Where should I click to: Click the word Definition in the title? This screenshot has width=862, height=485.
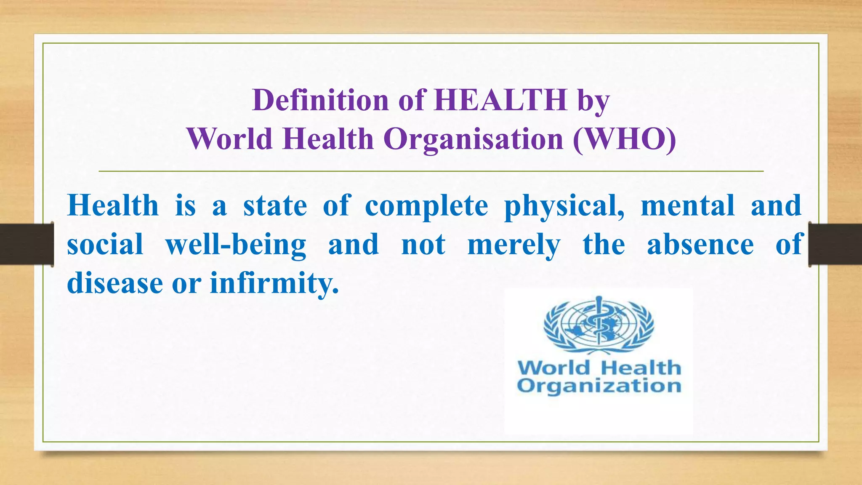point(320,100)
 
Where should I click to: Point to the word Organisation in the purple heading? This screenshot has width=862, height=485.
point(474,139)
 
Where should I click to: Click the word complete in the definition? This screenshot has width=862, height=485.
point(426,206)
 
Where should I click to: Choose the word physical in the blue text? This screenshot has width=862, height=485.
point(564,207)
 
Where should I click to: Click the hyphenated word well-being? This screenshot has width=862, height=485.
point(236,245)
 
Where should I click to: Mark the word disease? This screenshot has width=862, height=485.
point(115,283)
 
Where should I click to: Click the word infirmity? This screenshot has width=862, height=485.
point(274,283)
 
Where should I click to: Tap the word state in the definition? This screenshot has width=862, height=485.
point(275,206)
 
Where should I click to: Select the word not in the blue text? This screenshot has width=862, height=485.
point(423,245)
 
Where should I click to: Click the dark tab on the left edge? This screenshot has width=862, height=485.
point(27,244)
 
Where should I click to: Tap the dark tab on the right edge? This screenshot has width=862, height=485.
point(835,244)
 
